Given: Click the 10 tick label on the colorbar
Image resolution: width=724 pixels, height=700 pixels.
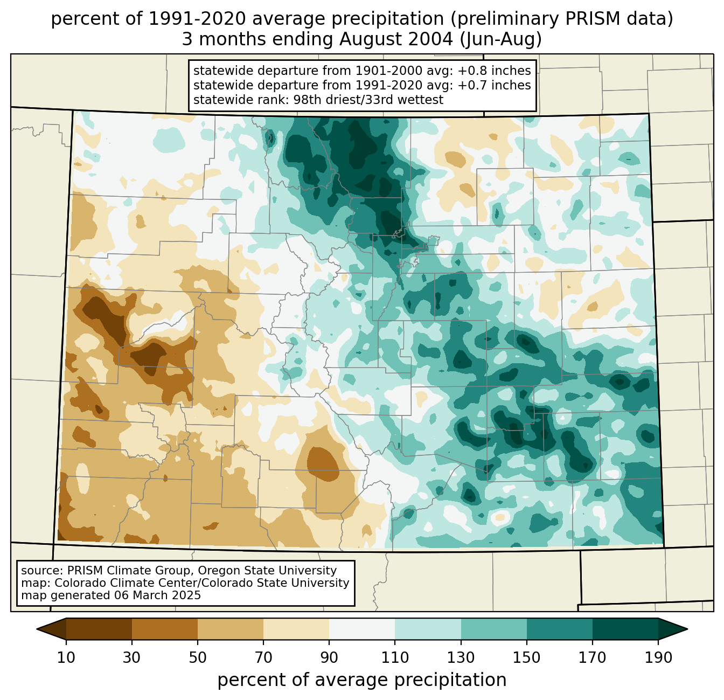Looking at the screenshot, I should (66, 658).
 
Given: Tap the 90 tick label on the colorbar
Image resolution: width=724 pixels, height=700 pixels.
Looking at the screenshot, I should (329, 658).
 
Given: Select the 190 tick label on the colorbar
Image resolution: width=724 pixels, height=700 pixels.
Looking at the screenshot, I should (658, 658).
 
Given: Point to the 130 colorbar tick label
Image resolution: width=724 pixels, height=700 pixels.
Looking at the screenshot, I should (461, 658).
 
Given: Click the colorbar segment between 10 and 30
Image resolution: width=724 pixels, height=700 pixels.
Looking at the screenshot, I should (99, 629).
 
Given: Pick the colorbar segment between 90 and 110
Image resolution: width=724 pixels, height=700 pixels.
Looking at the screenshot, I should (362, 629).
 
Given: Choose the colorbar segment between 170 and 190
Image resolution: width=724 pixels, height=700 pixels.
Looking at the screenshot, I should (625, 629).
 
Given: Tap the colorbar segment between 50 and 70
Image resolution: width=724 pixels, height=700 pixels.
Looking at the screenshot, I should (231, 629).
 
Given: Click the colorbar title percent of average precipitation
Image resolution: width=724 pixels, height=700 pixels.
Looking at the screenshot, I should (362, 680).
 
